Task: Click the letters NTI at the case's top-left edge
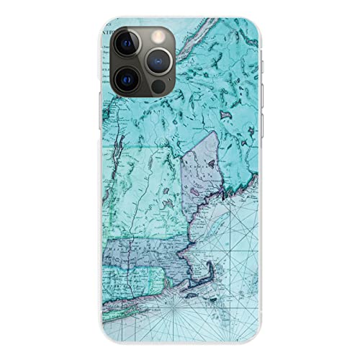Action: [x=107, y=32]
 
